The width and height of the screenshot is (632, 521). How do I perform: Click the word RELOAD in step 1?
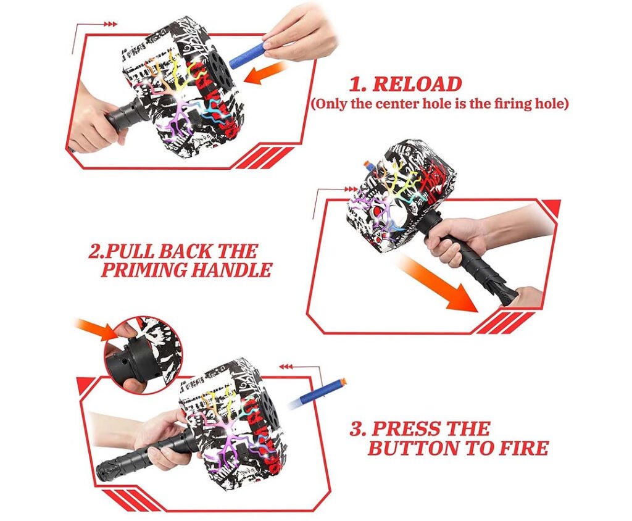pos(417,84)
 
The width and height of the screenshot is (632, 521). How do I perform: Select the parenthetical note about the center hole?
pos(439,104)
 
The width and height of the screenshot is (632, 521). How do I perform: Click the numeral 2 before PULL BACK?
pos(95,252)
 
